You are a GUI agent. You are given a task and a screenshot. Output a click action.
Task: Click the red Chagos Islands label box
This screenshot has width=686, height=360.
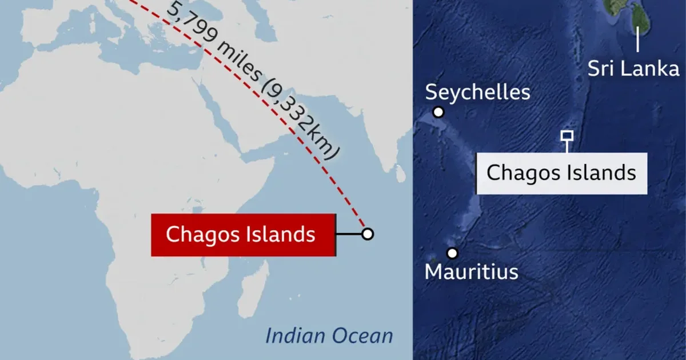(242, 234)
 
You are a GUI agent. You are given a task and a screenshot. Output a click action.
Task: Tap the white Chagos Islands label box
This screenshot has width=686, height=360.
(561, 173)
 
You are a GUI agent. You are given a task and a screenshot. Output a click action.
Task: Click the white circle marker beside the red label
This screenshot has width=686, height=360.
(368, 234)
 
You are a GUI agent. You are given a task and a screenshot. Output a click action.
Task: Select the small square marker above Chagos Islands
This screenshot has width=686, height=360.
(567, 135)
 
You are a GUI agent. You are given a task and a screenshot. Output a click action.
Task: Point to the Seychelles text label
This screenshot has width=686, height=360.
(478, 92)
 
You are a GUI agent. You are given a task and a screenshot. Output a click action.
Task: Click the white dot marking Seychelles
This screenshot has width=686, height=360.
(438, 112)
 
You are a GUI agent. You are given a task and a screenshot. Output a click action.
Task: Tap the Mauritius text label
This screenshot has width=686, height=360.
(471, 271)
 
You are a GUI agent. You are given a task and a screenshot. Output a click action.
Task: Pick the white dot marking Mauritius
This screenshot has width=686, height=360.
(452, 253)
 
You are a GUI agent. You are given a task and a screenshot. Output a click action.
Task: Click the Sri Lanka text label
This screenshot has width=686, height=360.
(633, 69)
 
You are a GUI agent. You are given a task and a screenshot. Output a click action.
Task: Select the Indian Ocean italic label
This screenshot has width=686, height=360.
(329, 335)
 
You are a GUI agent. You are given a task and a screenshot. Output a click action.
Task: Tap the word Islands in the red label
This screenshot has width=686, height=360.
(286, 234)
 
